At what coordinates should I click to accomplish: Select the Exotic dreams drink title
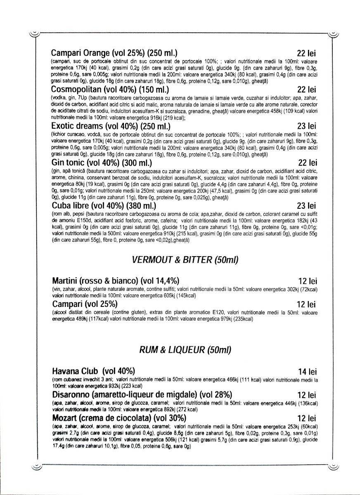(111, 126)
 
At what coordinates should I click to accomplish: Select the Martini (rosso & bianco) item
(116, 281)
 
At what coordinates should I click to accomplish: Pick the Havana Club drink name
(93, 370)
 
